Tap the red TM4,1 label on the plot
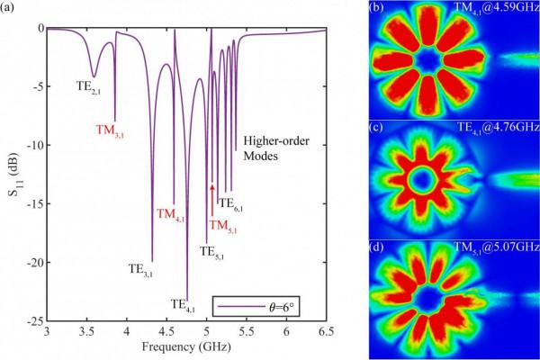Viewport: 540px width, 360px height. point(172,215)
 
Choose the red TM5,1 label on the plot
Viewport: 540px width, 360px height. point(225,225)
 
